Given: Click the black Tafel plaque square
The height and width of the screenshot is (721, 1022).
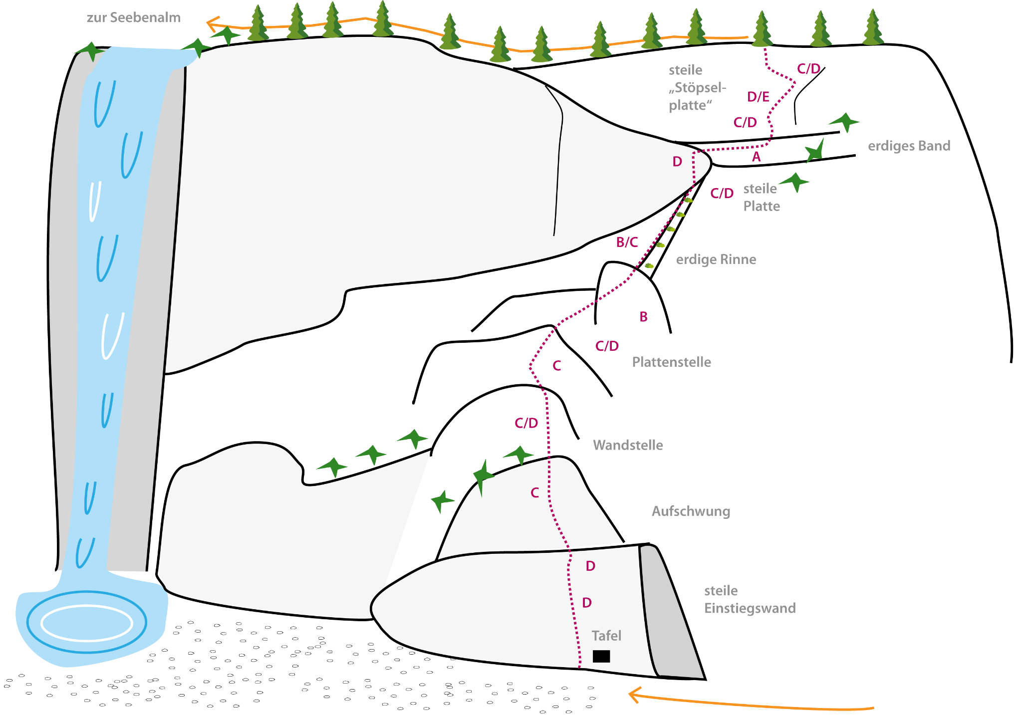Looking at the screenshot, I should click(601, 656).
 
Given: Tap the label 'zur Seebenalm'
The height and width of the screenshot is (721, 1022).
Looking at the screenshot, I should click(133, 18).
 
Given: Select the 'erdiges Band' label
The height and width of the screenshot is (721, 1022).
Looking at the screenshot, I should click(909, 146).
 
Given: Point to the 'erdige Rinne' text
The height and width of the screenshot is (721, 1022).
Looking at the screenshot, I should click(716, 259).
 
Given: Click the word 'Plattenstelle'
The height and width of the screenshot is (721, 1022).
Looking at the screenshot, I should click(671, 362).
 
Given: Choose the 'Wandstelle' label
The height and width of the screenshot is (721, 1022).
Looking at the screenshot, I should click(628, 445).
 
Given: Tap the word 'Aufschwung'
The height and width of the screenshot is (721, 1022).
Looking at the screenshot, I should click(691, 511).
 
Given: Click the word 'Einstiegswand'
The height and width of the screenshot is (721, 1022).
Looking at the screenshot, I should click(750, 608).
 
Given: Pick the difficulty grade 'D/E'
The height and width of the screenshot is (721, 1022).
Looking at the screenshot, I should click(758, 97).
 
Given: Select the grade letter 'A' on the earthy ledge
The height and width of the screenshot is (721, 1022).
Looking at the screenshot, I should click(756, 157).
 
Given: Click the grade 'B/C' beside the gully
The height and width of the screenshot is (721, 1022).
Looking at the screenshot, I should click(627, 242).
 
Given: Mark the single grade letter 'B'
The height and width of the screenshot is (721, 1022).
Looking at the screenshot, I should click(643, 317).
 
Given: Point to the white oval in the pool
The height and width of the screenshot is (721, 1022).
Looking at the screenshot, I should click(86, 623).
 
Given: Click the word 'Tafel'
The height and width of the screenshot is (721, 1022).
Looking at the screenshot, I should click(606, 636).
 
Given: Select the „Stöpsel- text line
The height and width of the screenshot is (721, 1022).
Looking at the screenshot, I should click(697, 88).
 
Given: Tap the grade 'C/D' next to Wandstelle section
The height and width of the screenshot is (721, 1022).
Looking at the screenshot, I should click(526, 423).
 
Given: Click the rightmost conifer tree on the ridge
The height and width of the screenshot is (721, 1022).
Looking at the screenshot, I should click(872, 28).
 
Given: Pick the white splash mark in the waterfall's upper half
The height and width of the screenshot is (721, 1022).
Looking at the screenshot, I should click(94, 201).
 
